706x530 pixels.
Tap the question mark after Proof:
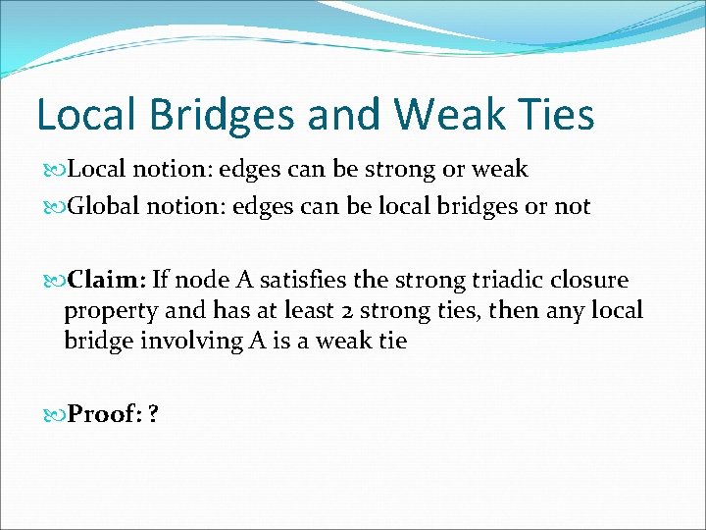coord(153,414)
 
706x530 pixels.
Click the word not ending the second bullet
coord(573,206)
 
